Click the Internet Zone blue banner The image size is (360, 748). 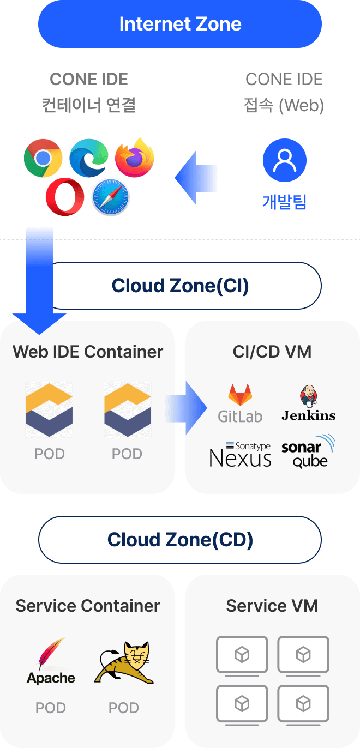pyautogui.click(x=180, y=25)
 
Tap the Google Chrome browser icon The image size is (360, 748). pyautogui.click(x=43, y=158)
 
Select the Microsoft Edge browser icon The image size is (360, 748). pyautogui.click(x=88, y=158)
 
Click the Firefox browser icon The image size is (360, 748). pyautogui.click(x=134, y=158)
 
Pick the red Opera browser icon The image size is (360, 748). pyautogui.click(x=65, y=196)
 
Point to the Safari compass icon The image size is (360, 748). pyautogui.click(x=111, y=196)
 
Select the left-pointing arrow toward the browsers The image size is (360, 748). pyautogui.click(x=196, y=178)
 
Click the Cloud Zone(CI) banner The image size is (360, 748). pyautogui.click(x=180, y=286)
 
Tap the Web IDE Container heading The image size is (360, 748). pyautogui.click(x=88, y=352)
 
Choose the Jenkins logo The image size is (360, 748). pyautogui.click(x=308, y=403)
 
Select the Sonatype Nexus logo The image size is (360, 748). pyautogui.click(x=240, y=455)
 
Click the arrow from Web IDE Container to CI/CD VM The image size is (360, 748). pyautogui.click(x=185, y=408)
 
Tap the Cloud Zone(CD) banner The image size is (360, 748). pyautogui.click(x=180, y=540)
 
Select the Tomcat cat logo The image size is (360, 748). pyautogui.click(x=124, y=663)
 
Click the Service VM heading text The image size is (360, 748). pyautogui.click(x=272, y=606)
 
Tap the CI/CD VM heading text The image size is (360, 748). pyautogui.click(x=272, y=352)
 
